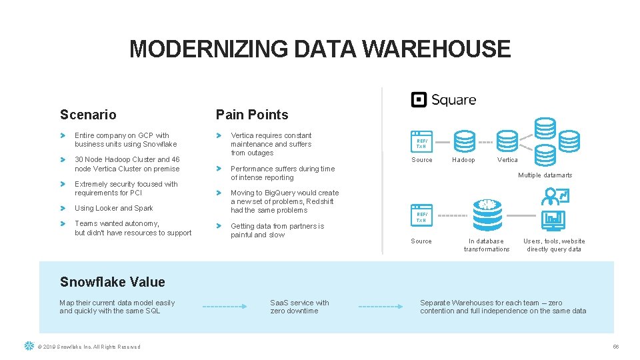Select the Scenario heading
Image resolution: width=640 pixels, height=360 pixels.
pos(88,115)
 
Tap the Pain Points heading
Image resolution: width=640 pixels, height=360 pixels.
pos(252,115)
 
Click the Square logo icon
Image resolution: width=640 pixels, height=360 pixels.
pos(419,100)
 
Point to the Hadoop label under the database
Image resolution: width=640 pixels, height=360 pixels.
pos(463,160)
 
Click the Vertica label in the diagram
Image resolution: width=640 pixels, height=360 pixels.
pos(507,160)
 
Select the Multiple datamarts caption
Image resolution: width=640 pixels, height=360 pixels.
pos(545,175)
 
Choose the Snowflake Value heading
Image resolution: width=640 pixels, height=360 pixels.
pos(112,282)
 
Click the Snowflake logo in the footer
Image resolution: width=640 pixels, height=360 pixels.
pos(29,346)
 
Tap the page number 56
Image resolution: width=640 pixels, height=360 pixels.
pos(616,347)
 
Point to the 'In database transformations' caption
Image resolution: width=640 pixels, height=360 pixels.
pos(487,245)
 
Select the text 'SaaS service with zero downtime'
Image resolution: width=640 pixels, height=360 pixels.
pos(299,307)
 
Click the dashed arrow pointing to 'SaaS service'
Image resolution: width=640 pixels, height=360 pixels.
pos(225,307)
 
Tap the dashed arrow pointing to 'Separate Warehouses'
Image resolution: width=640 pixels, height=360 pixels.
pos(381,307)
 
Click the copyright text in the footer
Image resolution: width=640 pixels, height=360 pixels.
pos(89,347)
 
